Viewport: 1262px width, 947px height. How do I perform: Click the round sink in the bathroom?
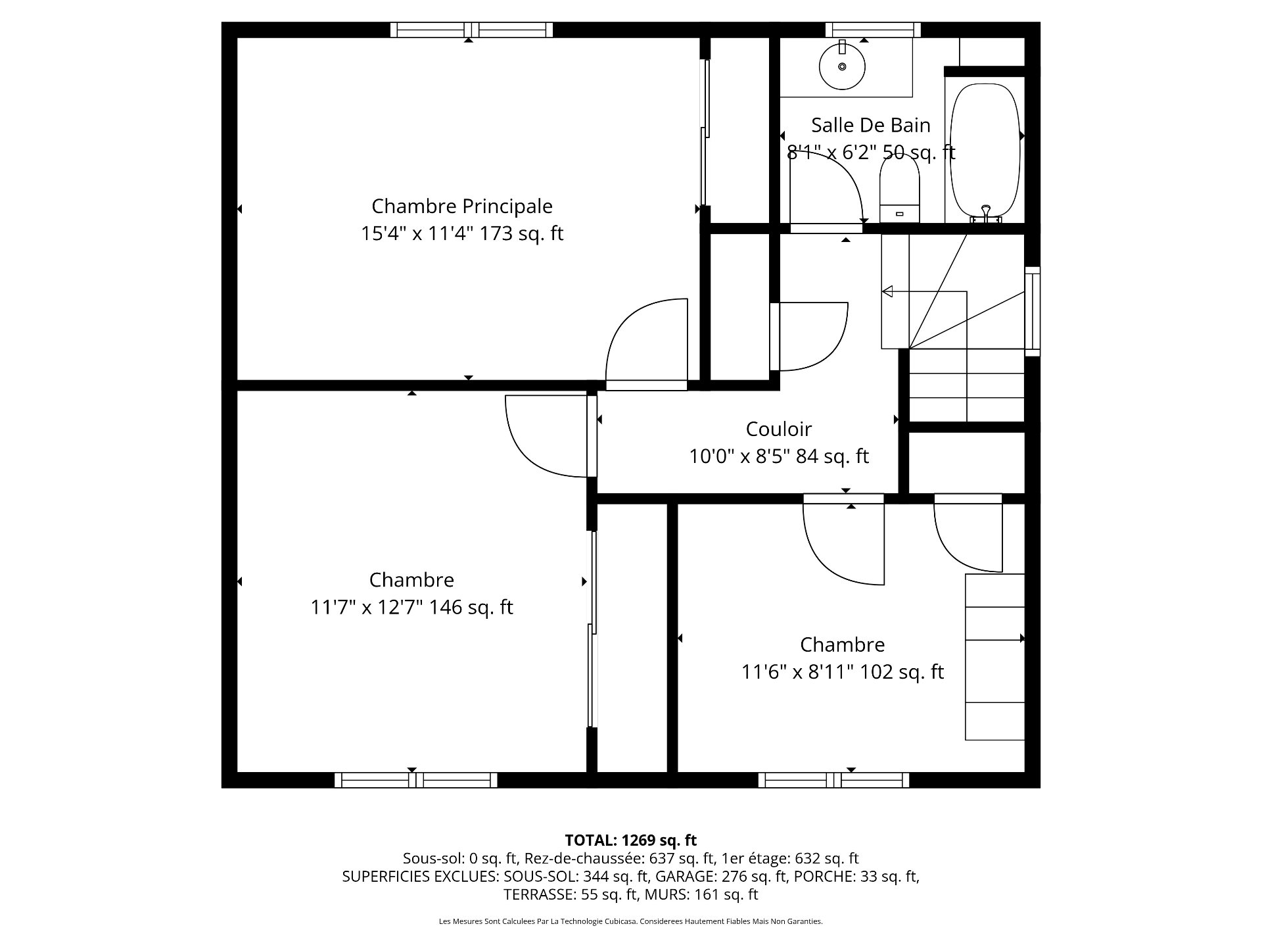click(842, 65)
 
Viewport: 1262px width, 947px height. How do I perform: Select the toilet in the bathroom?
click(900, 188)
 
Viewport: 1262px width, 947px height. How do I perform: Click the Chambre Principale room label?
click(462, 206)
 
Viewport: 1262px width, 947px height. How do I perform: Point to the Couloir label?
click(779, 429)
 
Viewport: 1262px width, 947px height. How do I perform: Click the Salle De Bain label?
click(871, 124)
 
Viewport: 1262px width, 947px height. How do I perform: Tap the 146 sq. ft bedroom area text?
click(471, 607)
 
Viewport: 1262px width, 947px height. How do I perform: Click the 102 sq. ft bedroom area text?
click(902, 672)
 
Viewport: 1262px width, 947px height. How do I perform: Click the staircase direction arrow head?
click(887, 291)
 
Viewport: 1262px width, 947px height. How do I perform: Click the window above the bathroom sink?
click(873, 30)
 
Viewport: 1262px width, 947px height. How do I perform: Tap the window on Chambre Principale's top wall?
click(471, 30)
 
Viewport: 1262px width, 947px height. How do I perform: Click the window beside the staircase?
click(1033, 311)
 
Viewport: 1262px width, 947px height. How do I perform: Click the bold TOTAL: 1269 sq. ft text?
click(631, 840)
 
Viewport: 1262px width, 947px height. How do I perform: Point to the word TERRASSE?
click(538, 894)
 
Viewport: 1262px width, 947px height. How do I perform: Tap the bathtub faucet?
click(985, 212)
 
